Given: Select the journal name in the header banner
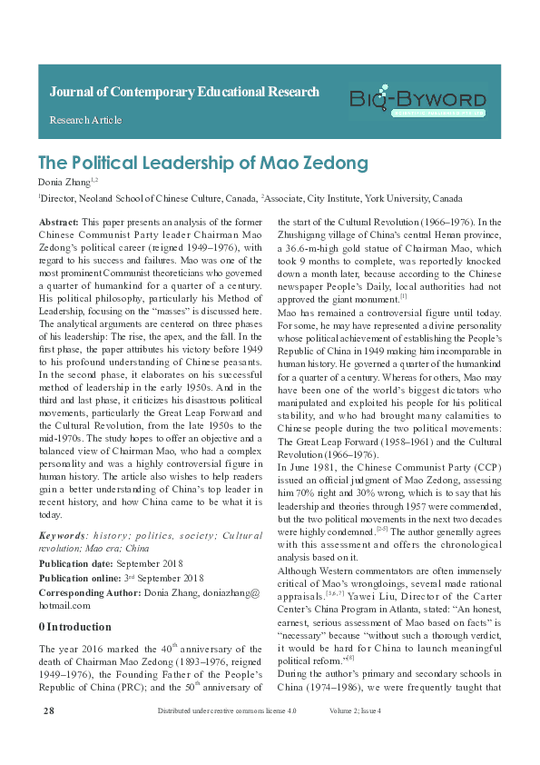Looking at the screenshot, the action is (x=183, y=92).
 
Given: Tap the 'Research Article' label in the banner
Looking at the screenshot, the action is (x=85, y=120).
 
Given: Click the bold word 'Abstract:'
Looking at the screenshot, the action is (x=58, y=222).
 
